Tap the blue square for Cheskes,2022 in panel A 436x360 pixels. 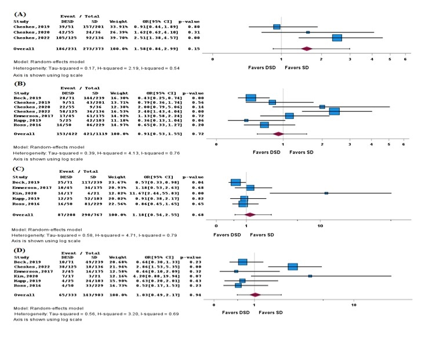point(337,38)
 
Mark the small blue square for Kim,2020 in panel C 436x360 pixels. point(326,193)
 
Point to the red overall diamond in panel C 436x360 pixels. point(250,214)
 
